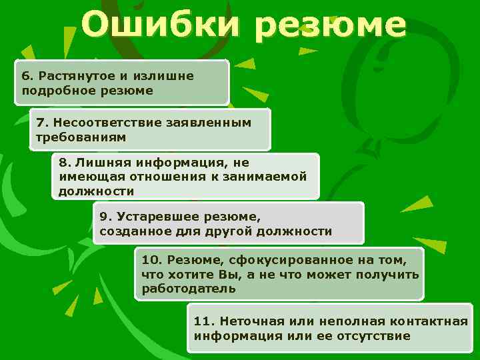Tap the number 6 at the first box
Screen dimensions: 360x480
[x=25, y=76]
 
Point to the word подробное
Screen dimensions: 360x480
[x=53, y=90]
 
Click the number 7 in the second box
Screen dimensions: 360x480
[x=41, y=123]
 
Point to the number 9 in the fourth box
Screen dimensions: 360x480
[x=103, y=217]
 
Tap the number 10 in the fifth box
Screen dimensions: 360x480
[x=150, y=260]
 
